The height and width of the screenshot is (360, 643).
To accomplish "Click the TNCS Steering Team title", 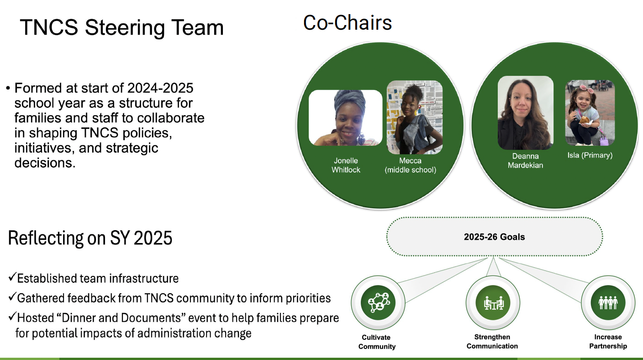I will pyautogui.click(x=122, y=27).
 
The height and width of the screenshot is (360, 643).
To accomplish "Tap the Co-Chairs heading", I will pyautogui.click(x=348, y=22).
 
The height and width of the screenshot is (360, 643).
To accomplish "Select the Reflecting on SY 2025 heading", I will pyautogui.click(x=90, y=238).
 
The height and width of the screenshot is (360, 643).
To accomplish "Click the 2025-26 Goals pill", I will pyautogui.click(x=494, y=237).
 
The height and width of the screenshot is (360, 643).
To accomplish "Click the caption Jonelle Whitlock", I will pyautogui.click(x=346, y=165).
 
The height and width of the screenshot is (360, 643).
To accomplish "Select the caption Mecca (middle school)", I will pyautogui.click(x=410, y=165).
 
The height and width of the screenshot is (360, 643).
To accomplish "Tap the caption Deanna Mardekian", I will pyautogui.click(x=525, y=160).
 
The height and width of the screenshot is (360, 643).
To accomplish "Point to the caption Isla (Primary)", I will pyautogui.click(x=590, y=155).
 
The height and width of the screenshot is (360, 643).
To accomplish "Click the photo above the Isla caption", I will pyautogui.click(x=590, y=113).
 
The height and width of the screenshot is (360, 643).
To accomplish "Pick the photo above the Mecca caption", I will pyautogui.click(x=415, y=117).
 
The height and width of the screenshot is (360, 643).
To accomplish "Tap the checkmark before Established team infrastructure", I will pyautogui.click(x=12, y=277).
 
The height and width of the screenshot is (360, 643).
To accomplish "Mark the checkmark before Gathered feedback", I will pyautogui.click(x=12, y=298).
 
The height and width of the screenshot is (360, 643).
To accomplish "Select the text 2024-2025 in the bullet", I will pyautogui.click(x=160, y=88).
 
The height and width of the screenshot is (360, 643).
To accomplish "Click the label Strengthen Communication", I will pyautogui.click(x=492, y=341).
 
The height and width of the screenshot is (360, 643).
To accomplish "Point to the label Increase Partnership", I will pyautogui.click(x=608, y=341).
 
